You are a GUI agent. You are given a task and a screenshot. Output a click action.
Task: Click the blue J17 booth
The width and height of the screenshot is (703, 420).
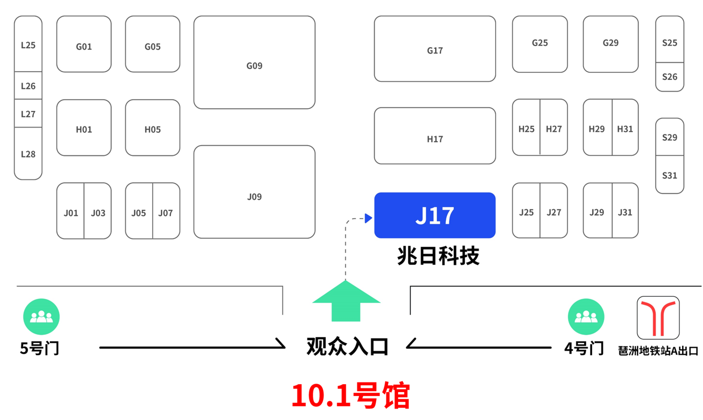tap(435, 215)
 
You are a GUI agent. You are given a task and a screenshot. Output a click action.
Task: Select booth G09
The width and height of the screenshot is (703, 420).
tap(254, 63)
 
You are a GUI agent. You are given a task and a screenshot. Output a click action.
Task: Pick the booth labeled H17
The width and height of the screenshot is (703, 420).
tap(435, 136)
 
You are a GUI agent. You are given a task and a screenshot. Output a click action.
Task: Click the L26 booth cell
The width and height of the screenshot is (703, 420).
tap(28, 86)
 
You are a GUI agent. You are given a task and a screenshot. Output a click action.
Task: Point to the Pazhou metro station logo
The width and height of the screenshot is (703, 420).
tap(658, 318)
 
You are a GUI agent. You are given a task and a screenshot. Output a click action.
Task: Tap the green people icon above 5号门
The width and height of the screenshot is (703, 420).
tap(41, 317)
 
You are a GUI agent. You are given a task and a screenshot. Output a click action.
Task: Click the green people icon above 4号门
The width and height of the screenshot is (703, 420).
tap(586, 317)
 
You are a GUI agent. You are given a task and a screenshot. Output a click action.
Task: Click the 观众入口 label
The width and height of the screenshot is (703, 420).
tap(347, 347)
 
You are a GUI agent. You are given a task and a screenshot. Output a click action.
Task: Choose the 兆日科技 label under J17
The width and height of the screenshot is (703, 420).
tap(438, 256)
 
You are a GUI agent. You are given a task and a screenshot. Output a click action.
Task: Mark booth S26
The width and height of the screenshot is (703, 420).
tap(670, 77)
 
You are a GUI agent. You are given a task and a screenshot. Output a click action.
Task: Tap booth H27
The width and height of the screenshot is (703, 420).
tap(554, 128)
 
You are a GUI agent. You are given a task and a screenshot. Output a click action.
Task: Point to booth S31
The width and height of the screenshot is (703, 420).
tap(670, 175)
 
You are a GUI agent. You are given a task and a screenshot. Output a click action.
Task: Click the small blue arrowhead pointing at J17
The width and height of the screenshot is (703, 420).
tap(368, 217)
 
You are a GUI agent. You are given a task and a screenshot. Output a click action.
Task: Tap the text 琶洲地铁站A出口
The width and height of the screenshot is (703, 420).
tap(659, 351)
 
